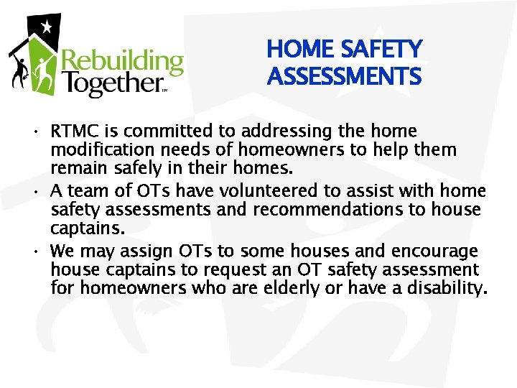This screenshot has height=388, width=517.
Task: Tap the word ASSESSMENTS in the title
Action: click(x=344, y=75)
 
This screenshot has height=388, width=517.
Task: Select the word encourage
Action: click(x=434, y=251)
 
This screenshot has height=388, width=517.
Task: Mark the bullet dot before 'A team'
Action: click(x=36, y=192)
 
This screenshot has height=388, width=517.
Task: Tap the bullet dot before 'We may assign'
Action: click(x=36, y=252)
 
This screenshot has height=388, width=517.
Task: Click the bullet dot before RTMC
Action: click(x=36, y=132)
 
